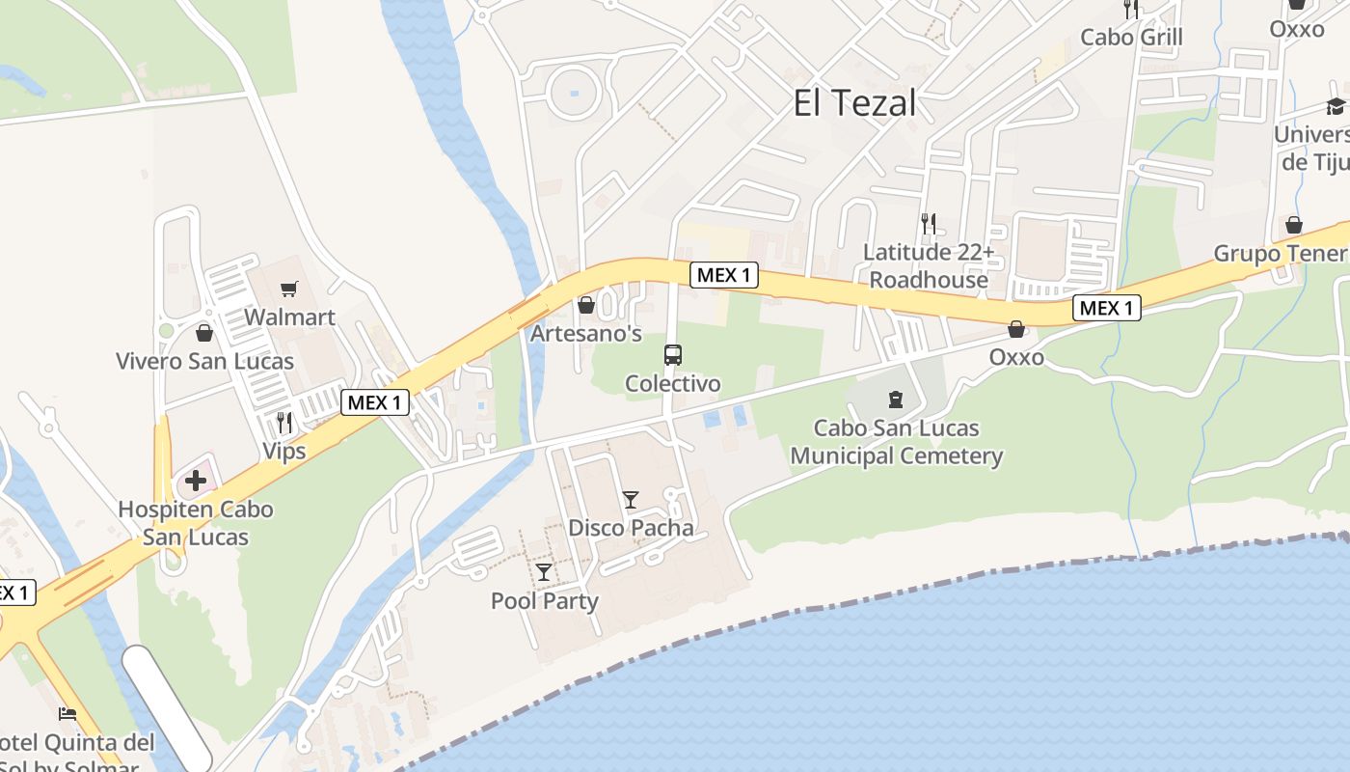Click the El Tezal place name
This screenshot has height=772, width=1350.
coord(854,103)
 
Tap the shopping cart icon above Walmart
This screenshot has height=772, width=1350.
coord(288,289)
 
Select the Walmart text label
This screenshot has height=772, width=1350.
coord(289,317)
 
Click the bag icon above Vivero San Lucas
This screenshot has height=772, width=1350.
coord(204,333)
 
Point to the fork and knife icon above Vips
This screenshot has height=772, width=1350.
coord(284,423)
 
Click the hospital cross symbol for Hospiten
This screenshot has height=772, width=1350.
coord(196,480)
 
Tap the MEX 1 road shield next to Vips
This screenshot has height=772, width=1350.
coord(375,402)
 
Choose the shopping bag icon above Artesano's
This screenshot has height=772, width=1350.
coord(585,306)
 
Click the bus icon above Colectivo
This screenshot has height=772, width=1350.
coord(673,355)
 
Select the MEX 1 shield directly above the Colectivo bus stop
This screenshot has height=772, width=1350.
coord(724,275)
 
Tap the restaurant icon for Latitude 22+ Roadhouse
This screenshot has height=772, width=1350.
coord(928,224)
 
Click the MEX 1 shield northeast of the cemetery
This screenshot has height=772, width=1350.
coord(1107,308)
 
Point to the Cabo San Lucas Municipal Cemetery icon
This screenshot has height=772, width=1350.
coord(896,399)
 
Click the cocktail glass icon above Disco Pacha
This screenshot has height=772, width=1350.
coord(631,500)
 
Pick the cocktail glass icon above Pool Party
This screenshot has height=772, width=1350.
coord(545,572)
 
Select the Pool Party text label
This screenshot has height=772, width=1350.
coord(545,600)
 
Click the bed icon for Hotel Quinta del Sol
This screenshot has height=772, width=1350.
coord(67,714)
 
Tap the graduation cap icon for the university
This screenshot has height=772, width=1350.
coord(1336,106)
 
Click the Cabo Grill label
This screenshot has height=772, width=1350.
coord(1131,38)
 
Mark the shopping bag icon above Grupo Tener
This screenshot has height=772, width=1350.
coord(1294,225)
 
